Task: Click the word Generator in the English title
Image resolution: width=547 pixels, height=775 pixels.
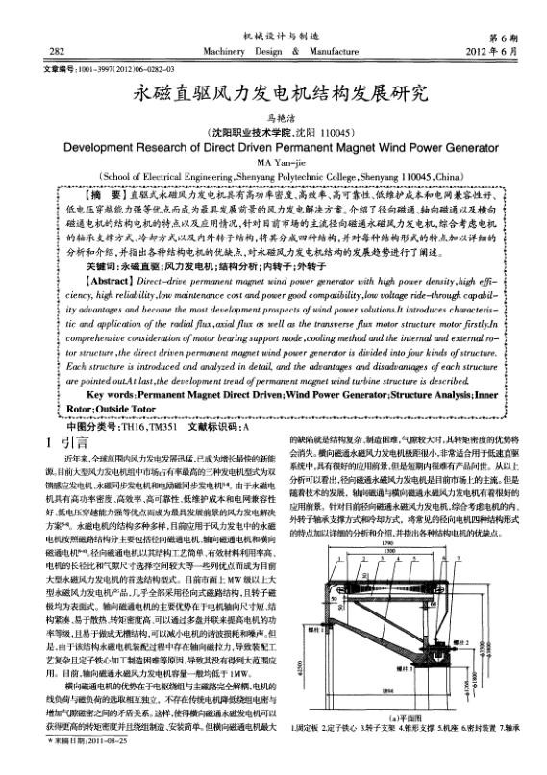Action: click(456, 149)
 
